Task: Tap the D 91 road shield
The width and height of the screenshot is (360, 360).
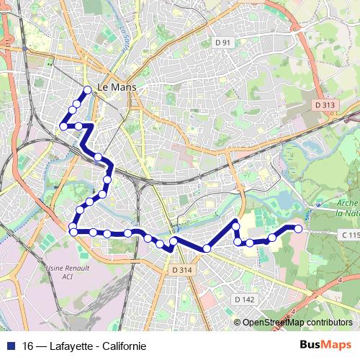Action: (x=223, y=43)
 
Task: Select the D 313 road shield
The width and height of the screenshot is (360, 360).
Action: (x=325, y=104)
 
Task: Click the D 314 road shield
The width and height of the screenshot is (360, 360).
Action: (x=182, y=269)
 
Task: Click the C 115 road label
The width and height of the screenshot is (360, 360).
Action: (x=349, y=235)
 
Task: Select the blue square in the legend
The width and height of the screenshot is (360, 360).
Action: (x=9, y=346)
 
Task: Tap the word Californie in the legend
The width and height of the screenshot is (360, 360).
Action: (x=125, y=346)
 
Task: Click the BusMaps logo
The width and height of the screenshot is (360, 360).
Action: (x=325, y=345)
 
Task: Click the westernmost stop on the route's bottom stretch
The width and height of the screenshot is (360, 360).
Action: (x=73, y=231)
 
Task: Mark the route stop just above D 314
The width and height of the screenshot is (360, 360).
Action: (x=174, y=240)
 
